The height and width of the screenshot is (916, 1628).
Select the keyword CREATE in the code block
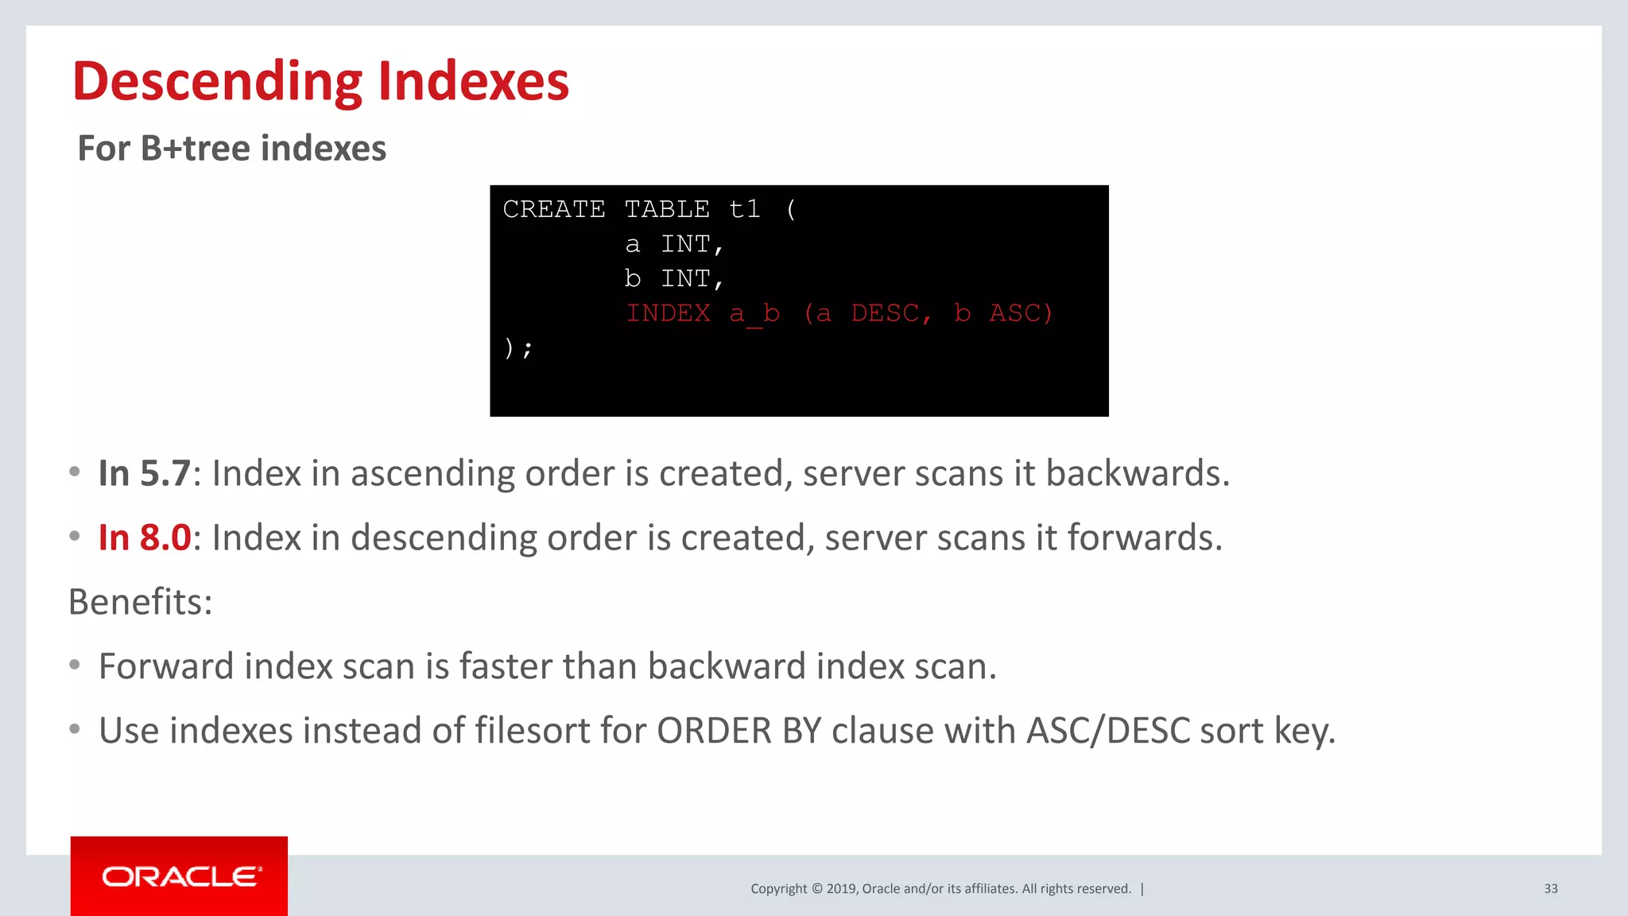point(554,209)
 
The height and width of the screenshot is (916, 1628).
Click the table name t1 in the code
point(744,209)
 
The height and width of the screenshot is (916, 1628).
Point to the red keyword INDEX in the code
point(668,313)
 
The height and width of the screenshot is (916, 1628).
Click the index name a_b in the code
point(754,313)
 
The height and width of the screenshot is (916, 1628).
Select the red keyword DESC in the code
point(884,313)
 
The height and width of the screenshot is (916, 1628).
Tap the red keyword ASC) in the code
point(1021,313)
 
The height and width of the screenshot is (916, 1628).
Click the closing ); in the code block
point(517,347)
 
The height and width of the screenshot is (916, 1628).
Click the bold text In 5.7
point(144,473)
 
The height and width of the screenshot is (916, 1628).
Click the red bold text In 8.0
point(144,538)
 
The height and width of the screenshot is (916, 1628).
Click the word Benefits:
point(141,602)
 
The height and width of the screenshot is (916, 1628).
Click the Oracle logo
point(180,876)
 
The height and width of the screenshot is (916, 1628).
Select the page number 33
point(1550,889)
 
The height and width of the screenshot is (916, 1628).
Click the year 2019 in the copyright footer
point(841,889)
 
